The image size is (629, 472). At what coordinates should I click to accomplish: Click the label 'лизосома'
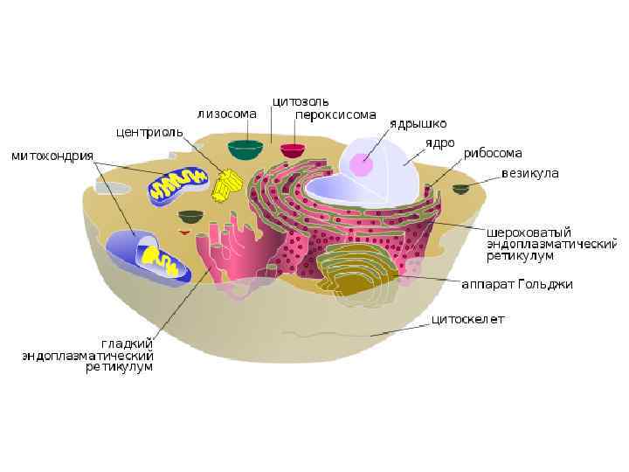click(226, 114)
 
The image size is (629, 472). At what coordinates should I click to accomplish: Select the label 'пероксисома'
click(335, 114)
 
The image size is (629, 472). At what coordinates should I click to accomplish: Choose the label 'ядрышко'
click(418, 123)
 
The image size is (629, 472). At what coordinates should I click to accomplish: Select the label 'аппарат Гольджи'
click(517, 284)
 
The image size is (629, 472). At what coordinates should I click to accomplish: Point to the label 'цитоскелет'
click(468, 320)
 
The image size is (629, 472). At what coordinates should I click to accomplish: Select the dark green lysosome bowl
click(245, 149)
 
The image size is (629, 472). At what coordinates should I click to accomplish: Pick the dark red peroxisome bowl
click(293, 149)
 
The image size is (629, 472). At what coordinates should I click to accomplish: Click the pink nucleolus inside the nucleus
click(362, 164)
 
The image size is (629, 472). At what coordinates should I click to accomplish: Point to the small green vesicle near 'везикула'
click(460, 188)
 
